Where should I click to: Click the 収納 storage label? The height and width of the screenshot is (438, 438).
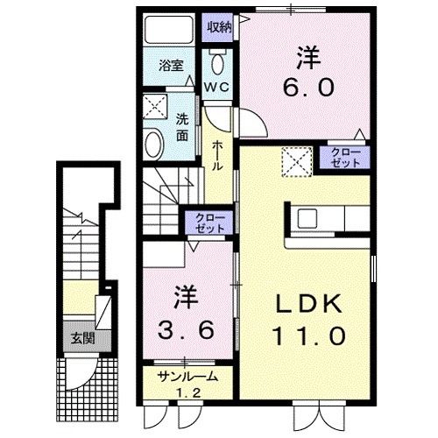[219, 27]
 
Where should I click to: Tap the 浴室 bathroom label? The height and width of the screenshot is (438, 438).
[171, 66]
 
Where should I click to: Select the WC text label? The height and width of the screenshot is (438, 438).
[218, 87]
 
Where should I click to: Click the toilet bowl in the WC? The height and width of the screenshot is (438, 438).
[218, 64]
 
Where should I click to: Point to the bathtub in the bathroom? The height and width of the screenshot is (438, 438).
[169, 29]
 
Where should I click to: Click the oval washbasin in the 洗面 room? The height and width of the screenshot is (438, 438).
[154, 145]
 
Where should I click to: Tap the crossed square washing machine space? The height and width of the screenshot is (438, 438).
[155, 106]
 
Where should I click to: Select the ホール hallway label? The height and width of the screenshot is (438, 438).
[217, 156]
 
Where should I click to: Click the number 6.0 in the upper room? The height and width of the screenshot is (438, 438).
[308, 88]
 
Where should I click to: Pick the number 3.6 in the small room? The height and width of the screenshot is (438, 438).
[186, 330]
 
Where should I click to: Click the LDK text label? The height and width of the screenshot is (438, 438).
[309, 304]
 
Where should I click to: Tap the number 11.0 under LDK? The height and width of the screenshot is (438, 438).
[309, 336]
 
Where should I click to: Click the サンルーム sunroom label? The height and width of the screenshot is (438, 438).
[187, 377]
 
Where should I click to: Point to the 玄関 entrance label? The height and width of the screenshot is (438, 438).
[83, 339]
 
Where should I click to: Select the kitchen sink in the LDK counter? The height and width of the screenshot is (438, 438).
[307, 218]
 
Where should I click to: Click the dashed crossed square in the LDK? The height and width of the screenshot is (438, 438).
[297, 162]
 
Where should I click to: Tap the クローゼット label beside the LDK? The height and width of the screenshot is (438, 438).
[345, 158]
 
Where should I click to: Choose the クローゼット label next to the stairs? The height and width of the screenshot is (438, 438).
[210, 223]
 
